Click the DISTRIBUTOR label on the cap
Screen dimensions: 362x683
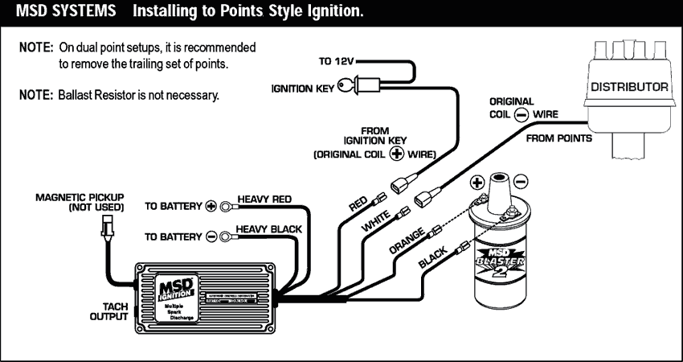click(630, 86)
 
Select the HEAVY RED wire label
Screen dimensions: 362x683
click(264, 200)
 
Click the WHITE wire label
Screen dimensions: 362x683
click(376, 220)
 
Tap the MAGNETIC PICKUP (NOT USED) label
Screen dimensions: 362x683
click(80, 202)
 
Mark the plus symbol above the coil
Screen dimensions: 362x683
click(476, 181)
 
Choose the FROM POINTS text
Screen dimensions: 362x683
click(559, 138)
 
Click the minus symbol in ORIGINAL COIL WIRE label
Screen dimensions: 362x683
click(521, 114)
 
